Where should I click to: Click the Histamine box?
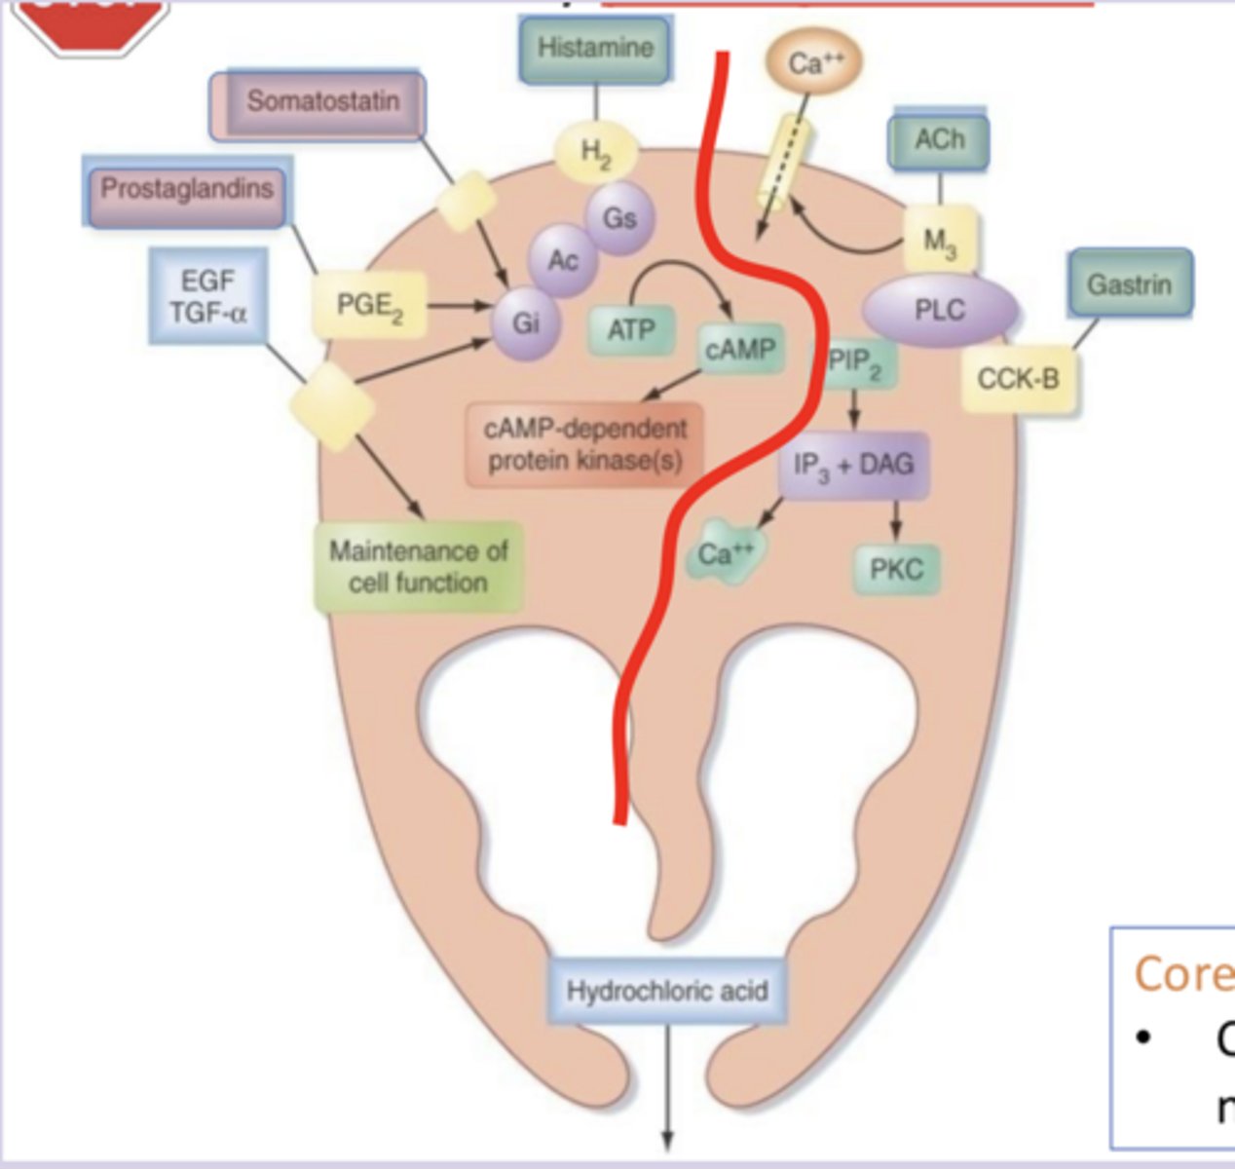click(x=595, y=49)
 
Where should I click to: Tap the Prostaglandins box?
click(x=186, y=190)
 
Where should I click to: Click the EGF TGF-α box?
click(x=208, y=296)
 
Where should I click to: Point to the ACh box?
click(x=938, y=141)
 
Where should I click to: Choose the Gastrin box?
click(x=1129, y=284)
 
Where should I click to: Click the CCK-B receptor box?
click(x=1019, y=379)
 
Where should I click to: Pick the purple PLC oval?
click(x=940, y=311)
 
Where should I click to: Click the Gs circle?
click(x=618, y=217)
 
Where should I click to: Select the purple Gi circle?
click(x=525, y=323)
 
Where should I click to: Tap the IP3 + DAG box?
click(x=854, y=466)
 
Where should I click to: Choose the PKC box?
click(x=896, y=569)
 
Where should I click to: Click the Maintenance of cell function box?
click(x=419, y=567)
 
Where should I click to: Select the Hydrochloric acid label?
click(x=667, y=991)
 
